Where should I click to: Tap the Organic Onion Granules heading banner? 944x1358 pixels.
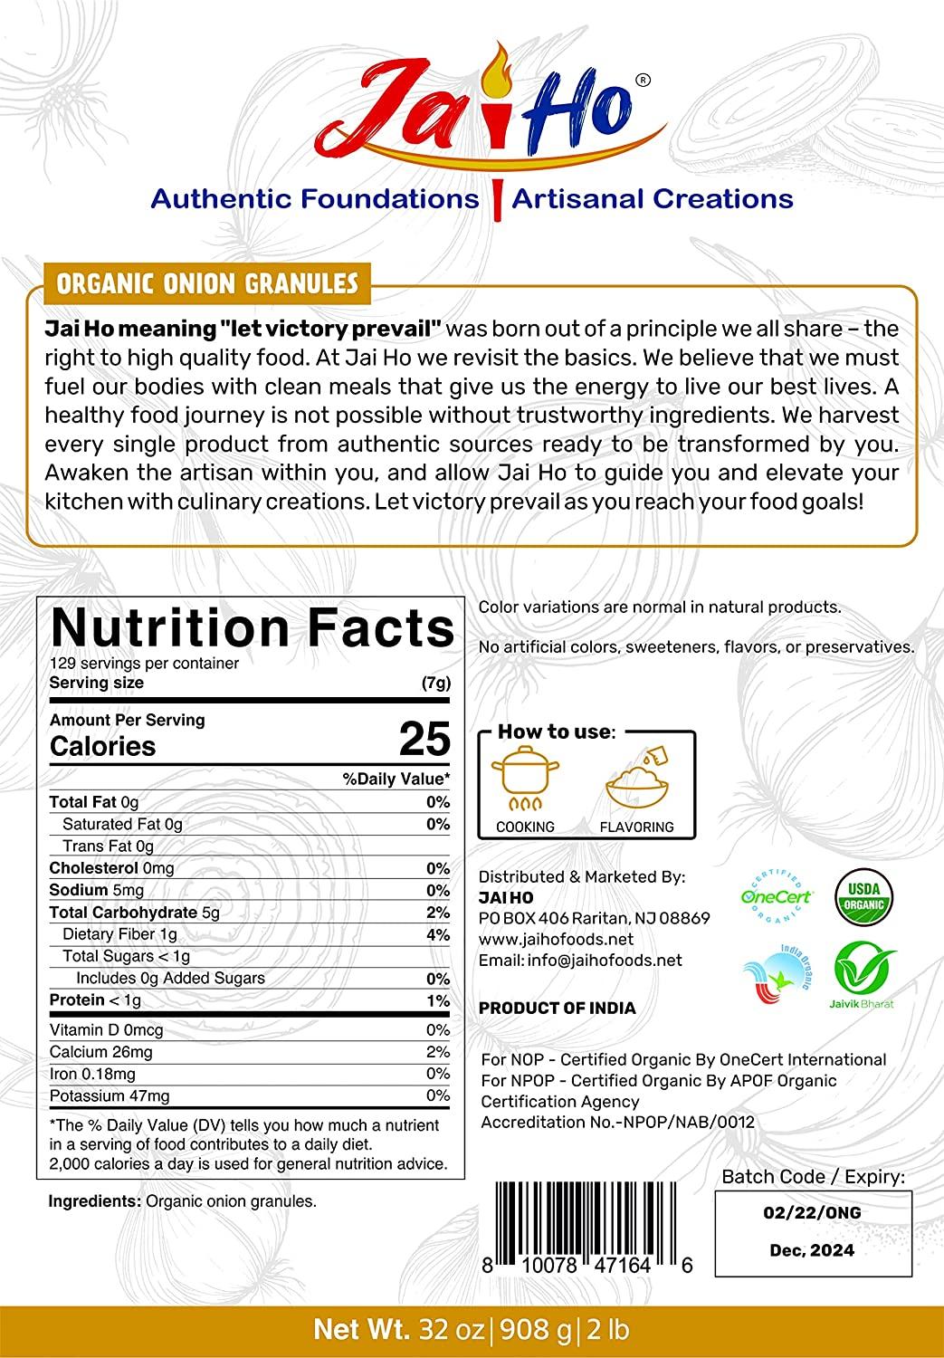pyautogui.click(x=207, y=283)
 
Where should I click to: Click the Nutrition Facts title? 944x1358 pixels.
pyautogui.click(x=252, y=627)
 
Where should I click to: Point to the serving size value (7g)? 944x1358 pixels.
pyautogui.click(x=435, y=684)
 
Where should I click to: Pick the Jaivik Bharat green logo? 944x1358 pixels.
pyautogui.click(x=864, y=974)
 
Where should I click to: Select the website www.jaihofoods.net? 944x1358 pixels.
pyautogui.click(x=556, y=939)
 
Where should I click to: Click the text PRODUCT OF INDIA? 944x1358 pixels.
pyautogui.click(x=557, y=1008)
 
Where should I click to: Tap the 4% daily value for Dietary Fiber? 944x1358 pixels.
pyautogui.click(x=438, y=934)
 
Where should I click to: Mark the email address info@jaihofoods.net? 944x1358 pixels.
pyautogui.click(x=580, y=960)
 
